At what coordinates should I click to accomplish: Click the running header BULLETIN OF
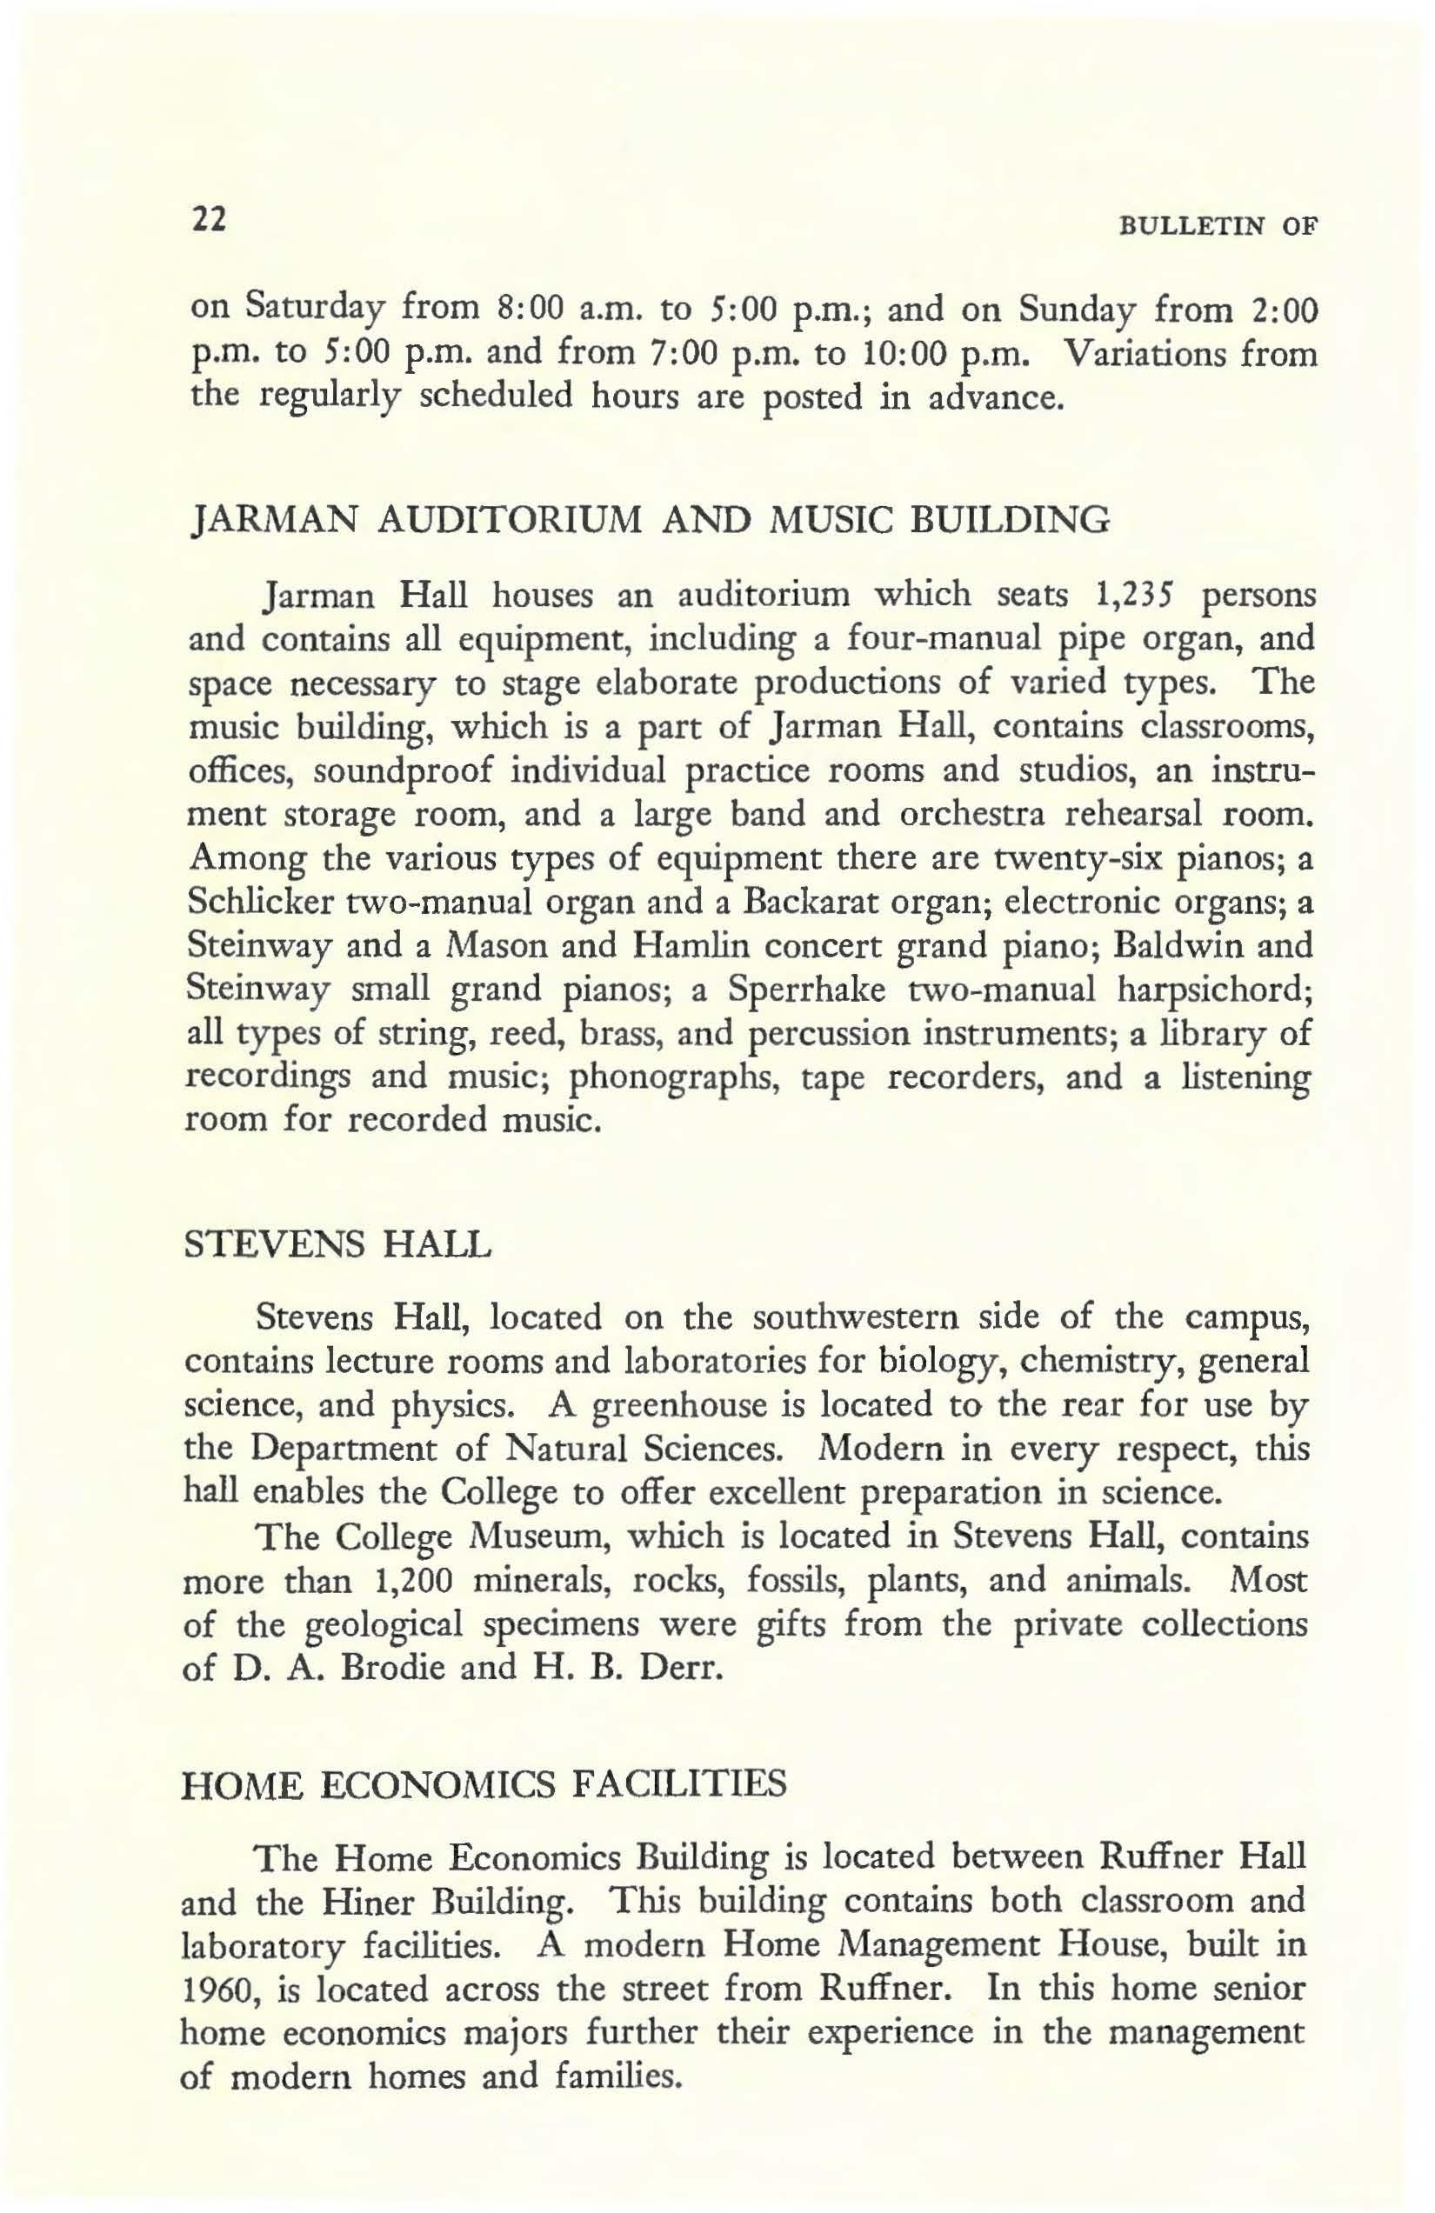coord(1221,227)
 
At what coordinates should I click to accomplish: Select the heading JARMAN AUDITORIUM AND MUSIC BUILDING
coord(648,520)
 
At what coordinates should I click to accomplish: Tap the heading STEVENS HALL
coord(338,1243)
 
